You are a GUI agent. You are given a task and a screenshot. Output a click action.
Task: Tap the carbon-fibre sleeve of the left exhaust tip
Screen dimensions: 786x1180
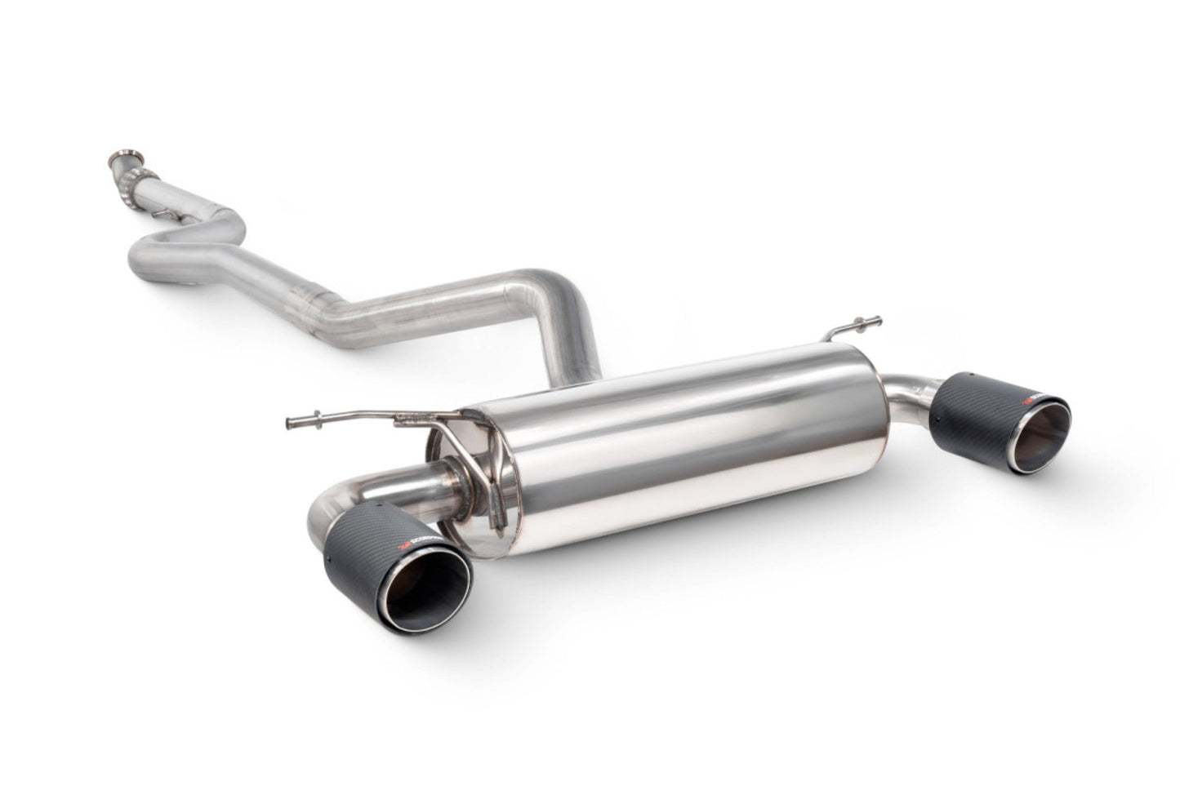coord(359,522)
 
